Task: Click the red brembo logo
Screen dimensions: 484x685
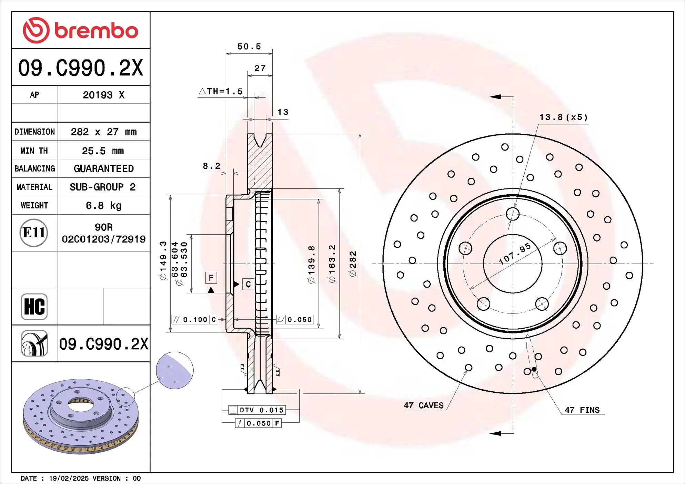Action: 80,30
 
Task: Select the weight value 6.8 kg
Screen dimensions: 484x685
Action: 103,206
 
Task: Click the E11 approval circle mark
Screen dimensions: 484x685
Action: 33,233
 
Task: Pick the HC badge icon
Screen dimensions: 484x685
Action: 34,307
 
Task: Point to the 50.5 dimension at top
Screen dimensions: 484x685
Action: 249,47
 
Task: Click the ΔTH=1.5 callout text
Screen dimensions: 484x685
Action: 221,91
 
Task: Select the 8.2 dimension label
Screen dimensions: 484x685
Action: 211,166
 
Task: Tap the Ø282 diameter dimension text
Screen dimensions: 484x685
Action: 353,264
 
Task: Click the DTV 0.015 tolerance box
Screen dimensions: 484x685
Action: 257,410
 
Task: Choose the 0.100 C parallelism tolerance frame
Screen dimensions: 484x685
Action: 195,320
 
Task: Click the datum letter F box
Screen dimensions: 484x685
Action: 211,278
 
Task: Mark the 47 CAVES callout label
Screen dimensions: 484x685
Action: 424,405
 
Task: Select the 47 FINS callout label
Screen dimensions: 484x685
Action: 582,410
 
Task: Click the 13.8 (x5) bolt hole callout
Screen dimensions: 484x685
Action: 563,117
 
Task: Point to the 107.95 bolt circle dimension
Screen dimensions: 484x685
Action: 515,254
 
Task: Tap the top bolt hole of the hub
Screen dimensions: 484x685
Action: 513,214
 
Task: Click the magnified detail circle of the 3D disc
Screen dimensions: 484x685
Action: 175,370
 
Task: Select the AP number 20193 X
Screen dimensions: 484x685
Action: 103,95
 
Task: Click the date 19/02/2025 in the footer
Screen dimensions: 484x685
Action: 69,478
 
